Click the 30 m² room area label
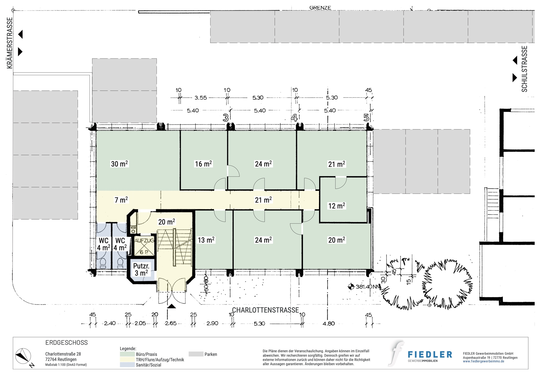click(x=119, y=164)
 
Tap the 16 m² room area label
click(x=203, y=164)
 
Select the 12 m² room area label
click(x=337, y=206)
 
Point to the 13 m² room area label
click(x=206, y=240)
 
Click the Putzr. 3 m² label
click(x=141, y=270)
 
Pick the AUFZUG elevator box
click(x=144, y=246)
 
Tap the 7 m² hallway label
click(x=121, y=200)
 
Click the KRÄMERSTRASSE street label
click(x=10, y=43)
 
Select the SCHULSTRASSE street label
click(x=524, y=69)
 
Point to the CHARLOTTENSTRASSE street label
click(x=265, y=310)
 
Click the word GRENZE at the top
click(x=320, y=8)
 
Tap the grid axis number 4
click(x=294, y=118)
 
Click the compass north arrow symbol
click(x=23, y=356)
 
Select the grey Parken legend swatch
click(x=196, y=354)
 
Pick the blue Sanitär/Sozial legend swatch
click(x=127, y=365)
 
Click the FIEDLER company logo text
click(x=430, y=354)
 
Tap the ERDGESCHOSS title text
click(x=67, y=343)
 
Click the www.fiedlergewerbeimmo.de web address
click(x=483, y=361)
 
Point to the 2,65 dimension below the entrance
click(x=171, y=323)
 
